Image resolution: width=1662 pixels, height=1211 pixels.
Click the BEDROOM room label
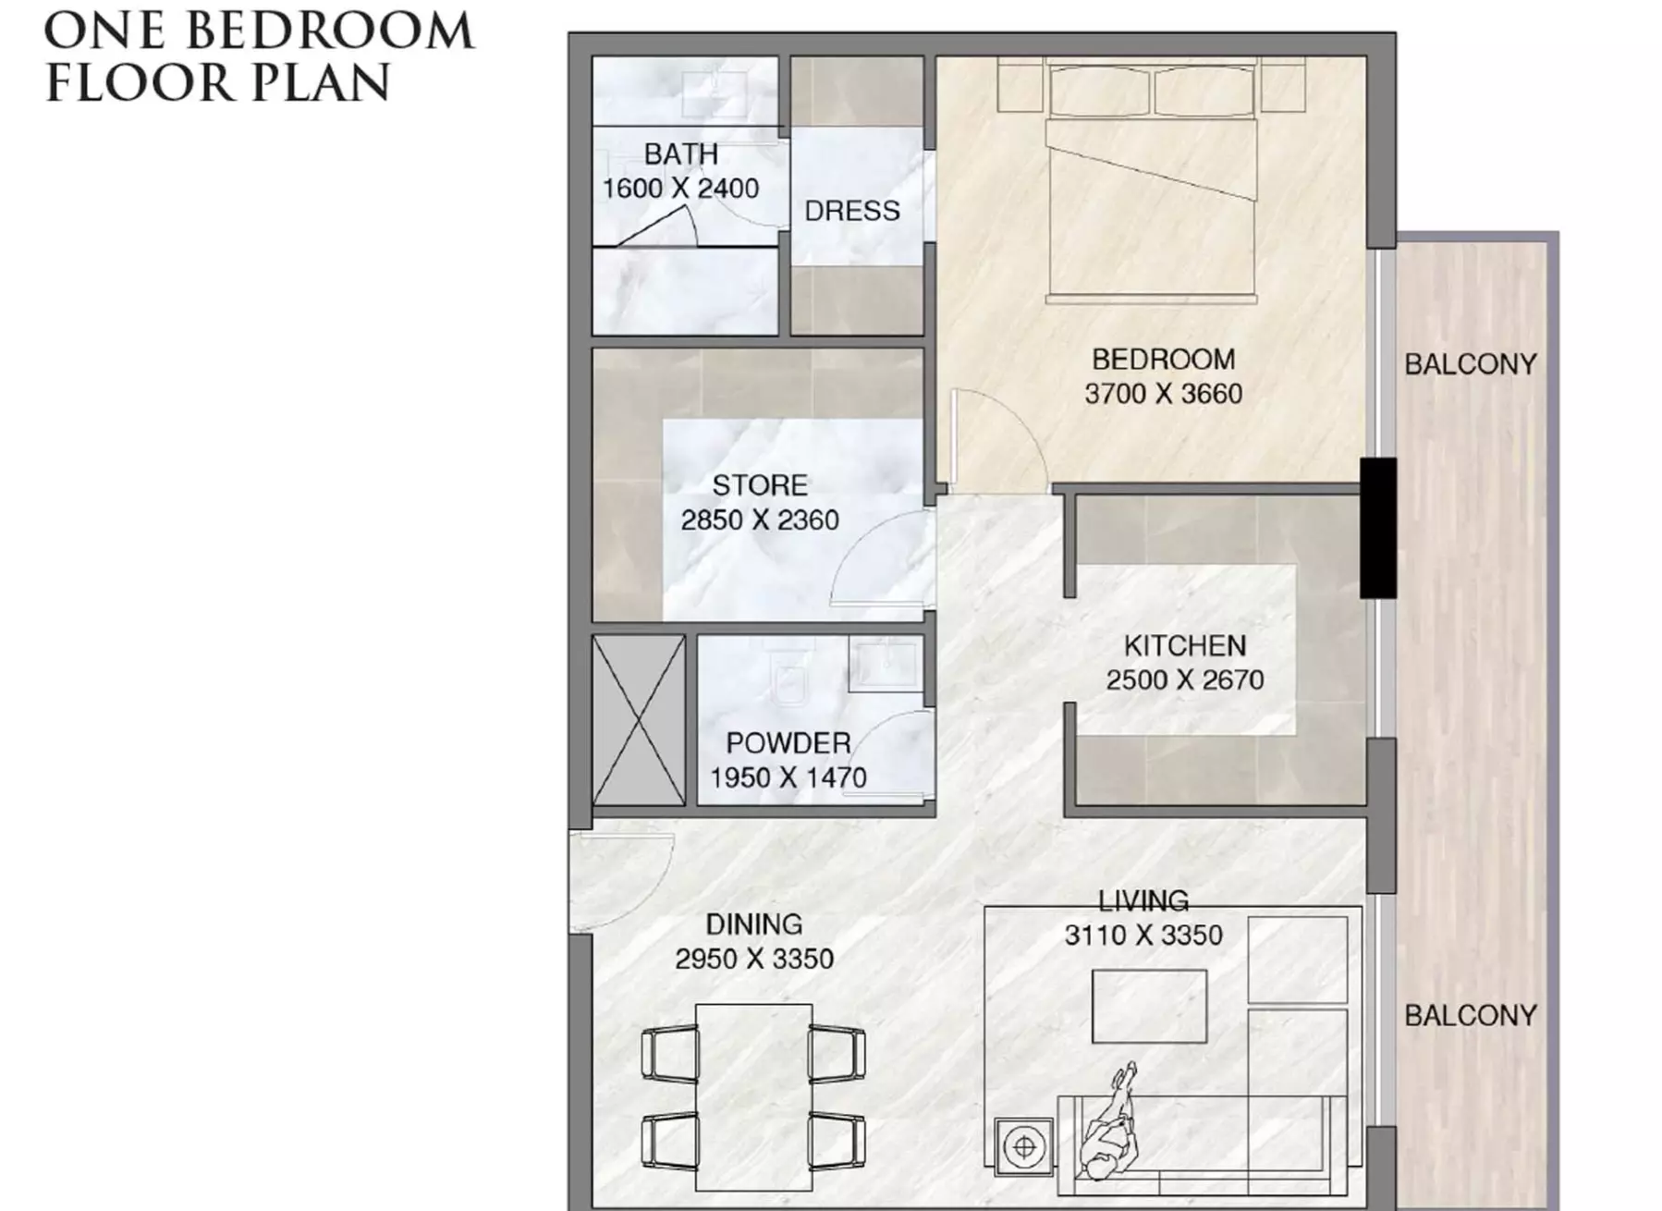click(x=1163, y=359)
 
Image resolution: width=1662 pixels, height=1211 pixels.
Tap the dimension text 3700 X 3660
click(x=1163, y=394)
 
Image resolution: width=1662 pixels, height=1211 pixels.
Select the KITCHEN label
click(x=1184, y=645)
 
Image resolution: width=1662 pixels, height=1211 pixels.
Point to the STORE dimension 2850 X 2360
click(x=760, y=520)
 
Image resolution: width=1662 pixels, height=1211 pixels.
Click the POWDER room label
click(x=788, y=743)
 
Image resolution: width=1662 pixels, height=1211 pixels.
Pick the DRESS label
click(x=851, y=212)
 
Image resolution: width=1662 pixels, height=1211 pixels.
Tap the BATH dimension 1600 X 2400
click(x=680, y=189)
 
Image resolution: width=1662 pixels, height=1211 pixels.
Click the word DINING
click(x=753, y=924)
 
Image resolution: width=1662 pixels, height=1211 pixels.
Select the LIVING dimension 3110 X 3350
click(x=1143, y=936)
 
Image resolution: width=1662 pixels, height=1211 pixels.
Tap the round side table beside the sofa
click(x=1024, y=1147)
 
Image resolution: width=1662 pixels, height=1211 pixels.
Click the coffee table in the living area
click(x=1149, y=1006)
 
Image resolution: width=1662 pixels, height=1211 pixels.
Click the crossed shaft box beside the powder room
click(x=639, y=719)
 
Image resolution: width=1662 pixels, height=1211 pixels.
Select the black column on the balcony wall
click(x=1377, y=528)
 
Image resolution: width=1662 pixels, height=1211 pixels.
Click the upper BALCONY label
click(x=1470, y=364)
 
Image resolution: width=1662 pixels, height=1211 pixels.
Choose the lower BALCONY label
click(x=1470, y=1015)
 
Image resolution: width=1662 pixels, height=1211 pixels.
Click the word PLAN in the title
click(x=321, y=83)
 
